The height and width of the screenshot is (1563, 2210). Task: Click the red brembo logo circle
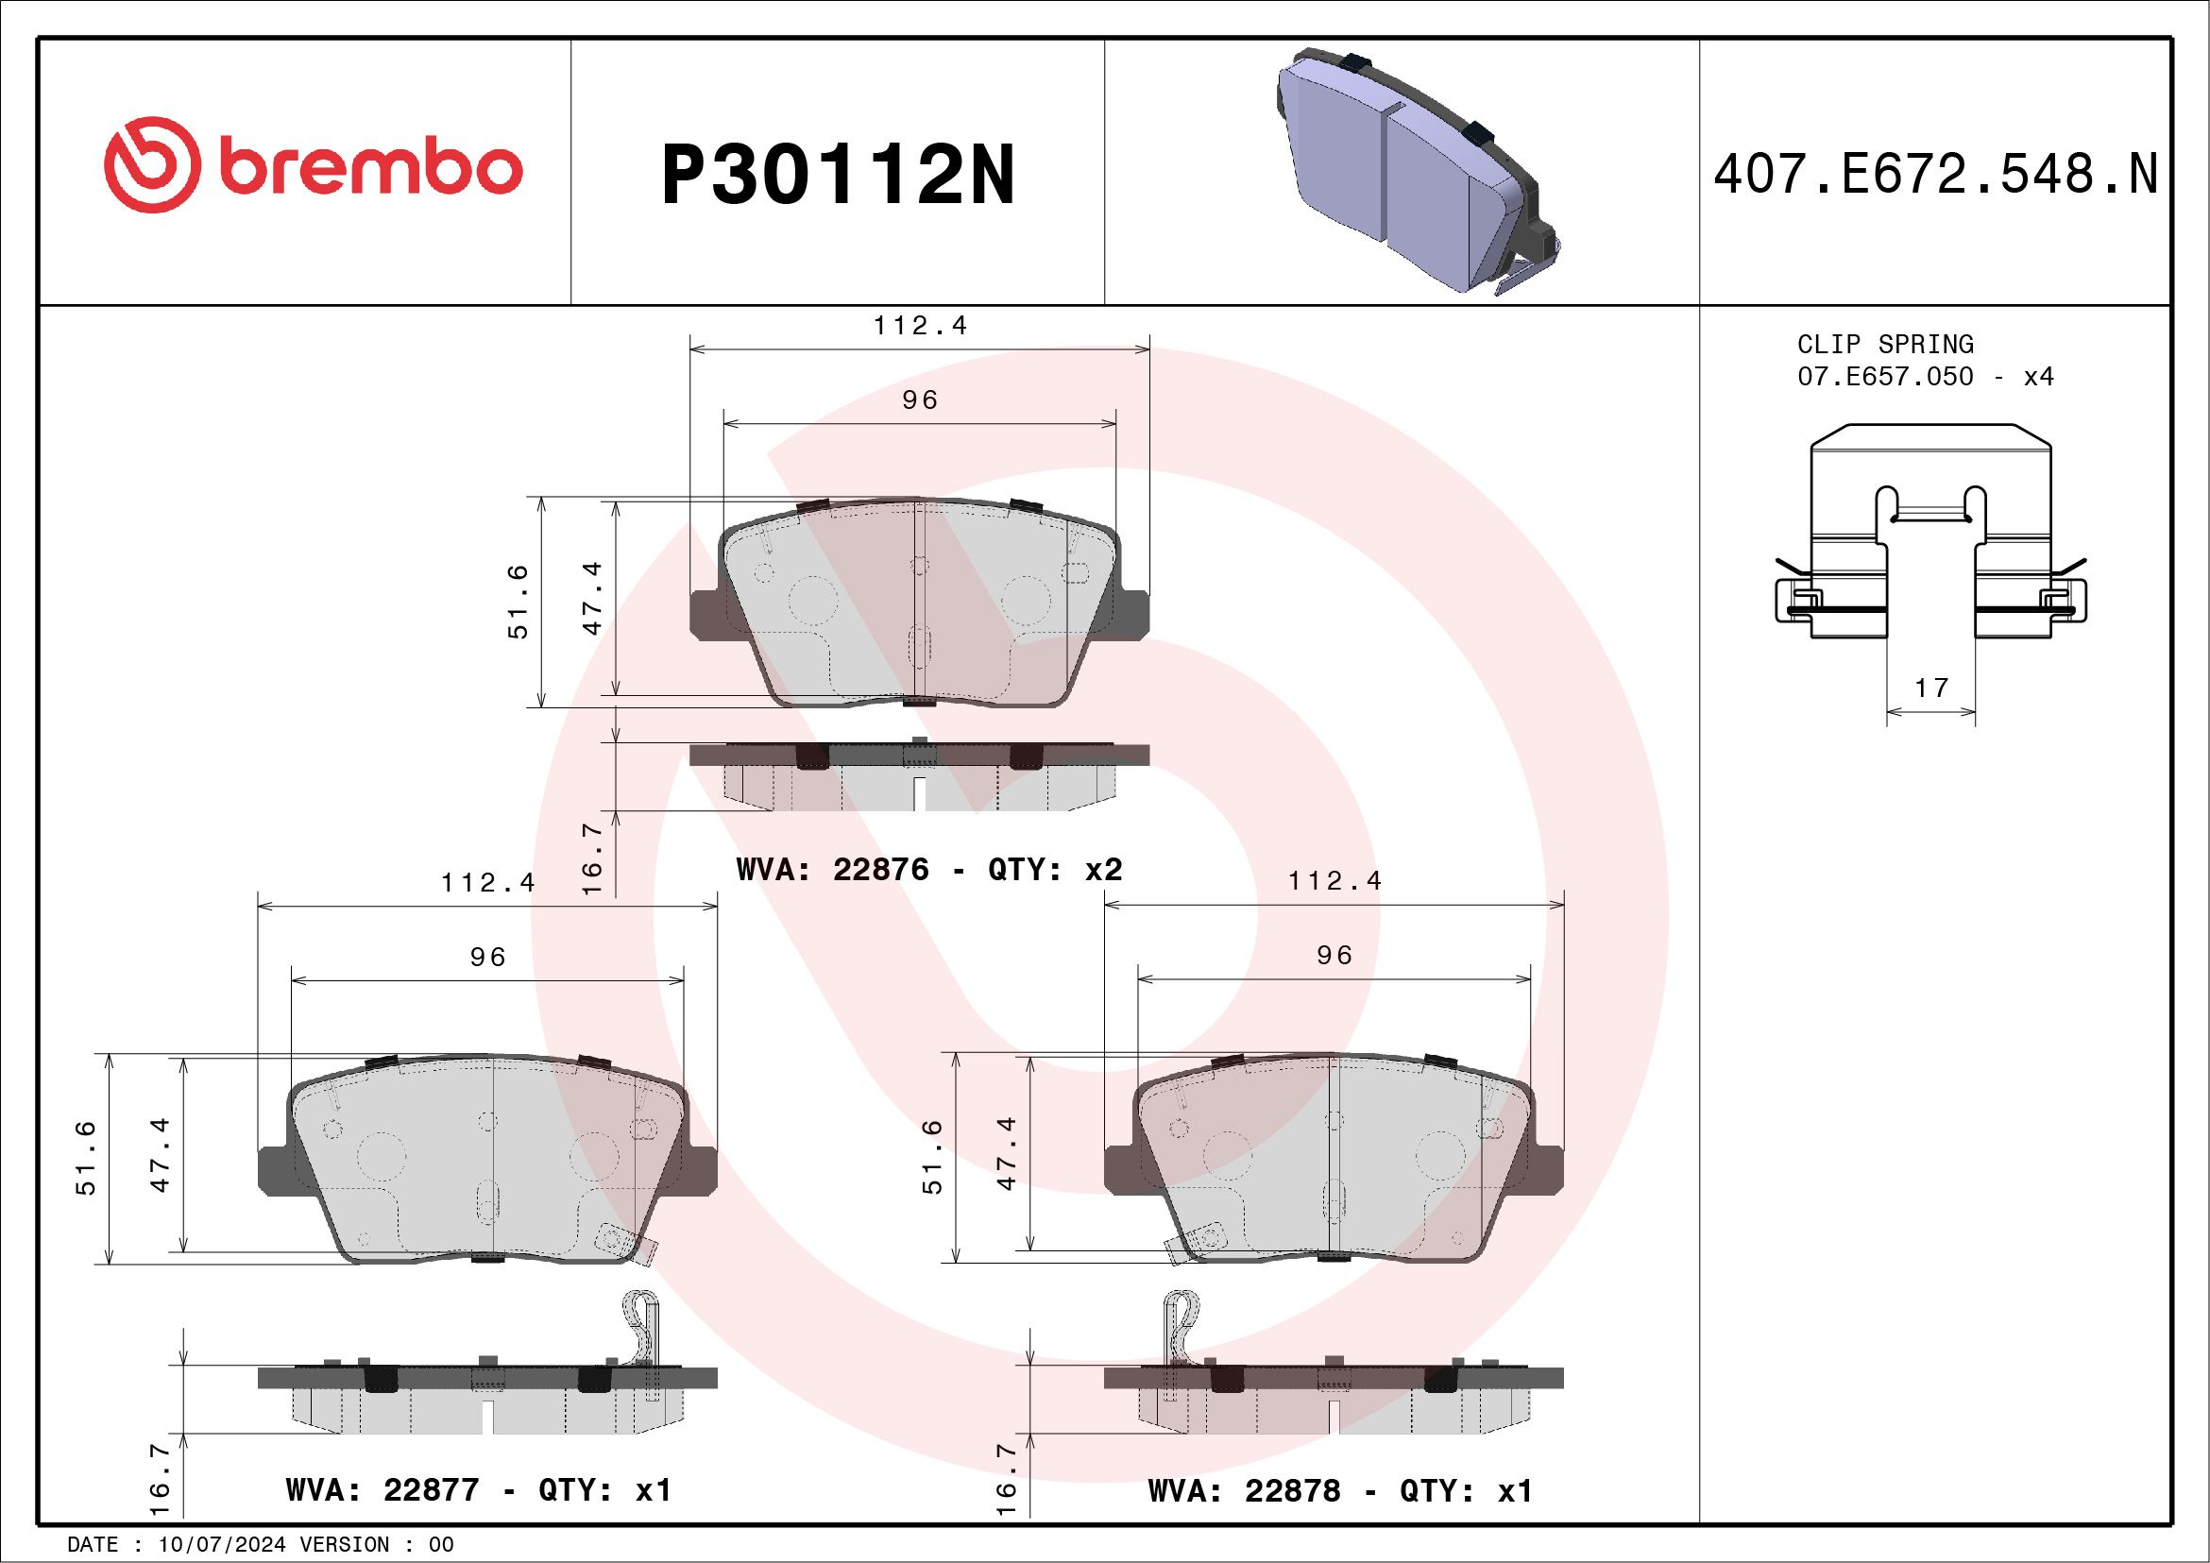point(152,164)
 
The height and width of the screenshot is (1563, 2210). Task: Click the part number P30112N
point(838,174)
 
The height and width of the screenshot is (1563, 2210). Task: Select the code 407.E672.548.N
point(1935,175)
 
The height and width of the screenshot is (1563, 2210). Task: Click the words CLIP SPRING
point(1885,344)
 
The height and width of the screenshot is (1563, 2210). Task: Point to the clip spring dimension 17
point(1930,688)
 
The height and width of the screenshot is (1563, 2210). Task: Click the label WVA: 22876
point(833,869)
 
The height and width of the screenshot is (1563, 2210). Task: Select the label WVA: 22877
point(382,1490)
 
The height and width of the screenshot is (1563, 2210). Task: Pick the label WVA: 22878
point(1244,1491)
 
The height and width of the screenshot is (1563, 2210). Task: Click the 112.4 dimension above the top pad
point(920,325)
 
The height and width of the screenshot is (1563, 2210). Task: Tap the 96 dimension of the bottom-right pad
point(1334,955)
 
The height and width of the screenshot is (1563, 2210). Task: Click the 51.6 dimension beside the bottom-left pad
point(87,1158)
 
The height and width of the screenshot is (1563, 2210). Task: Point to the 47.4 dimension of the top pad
point(592,598)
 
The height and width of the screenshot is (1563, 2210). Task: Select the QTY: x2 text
point(1055,869)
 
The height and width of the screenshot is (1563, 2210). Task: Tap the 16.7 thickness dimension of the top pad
point(592,858)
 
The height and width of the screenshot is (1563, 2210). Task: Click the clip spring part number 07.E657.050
point(1885,376)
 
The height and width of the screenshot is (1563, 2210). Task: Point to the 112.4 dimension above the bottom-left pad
point(488,881)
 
